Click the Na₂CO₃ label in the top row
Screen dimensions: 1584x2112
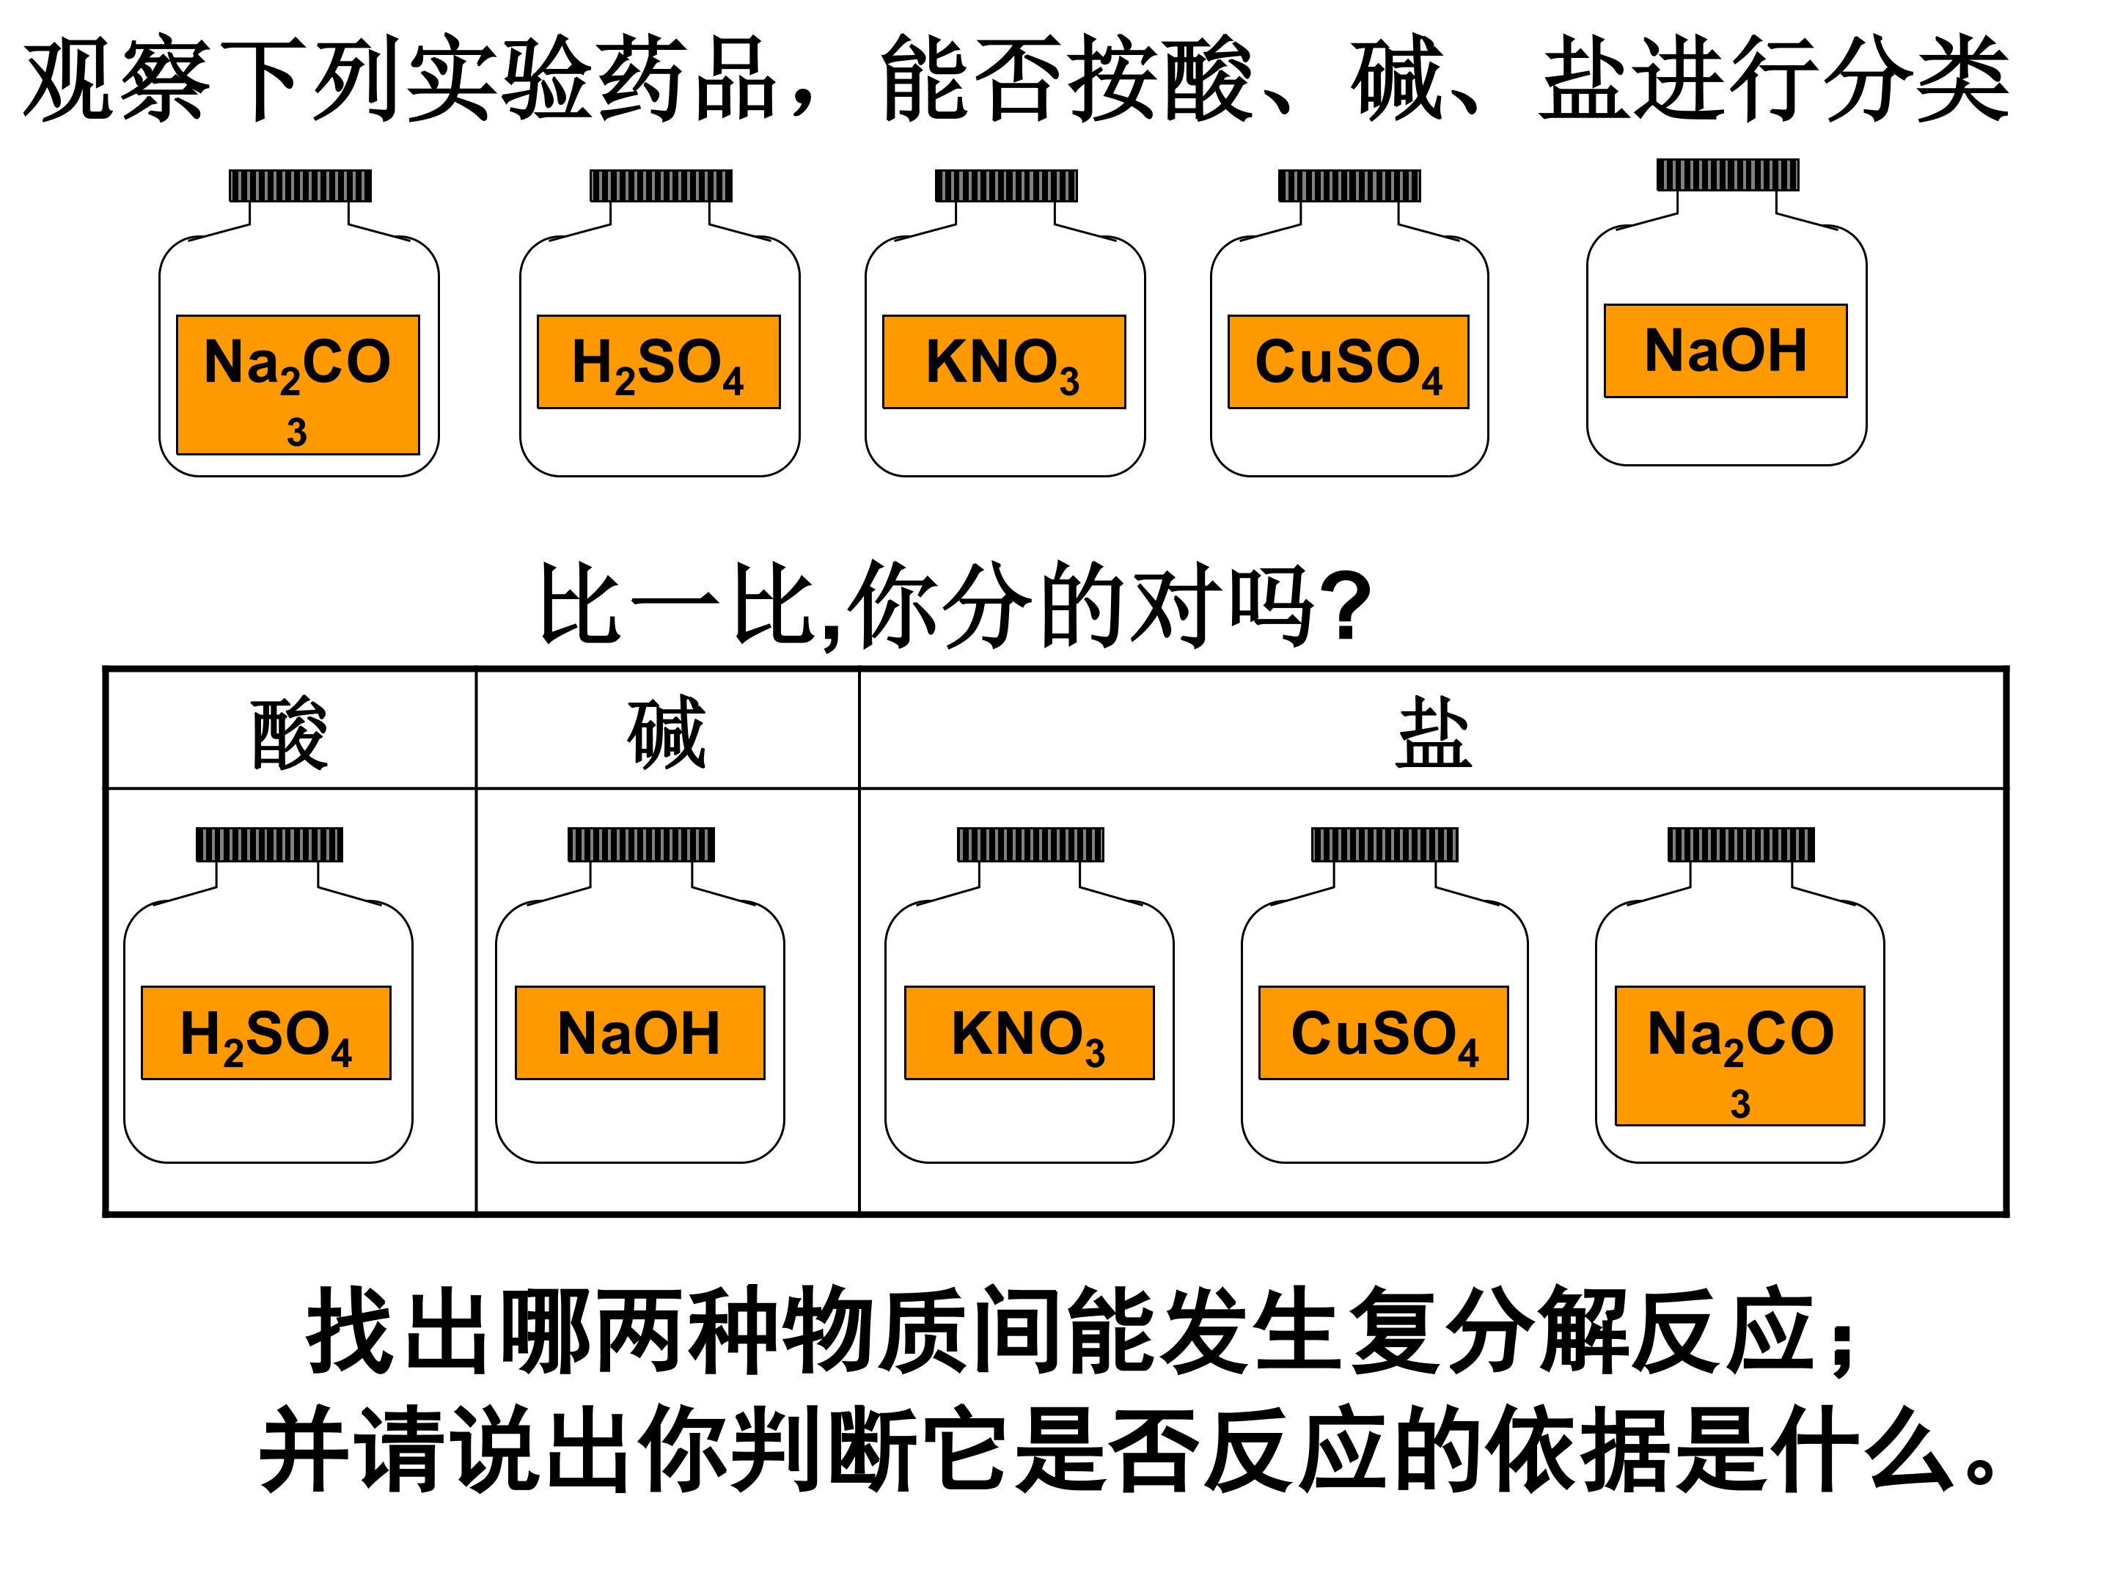pyautogui.click(x=298, y=384)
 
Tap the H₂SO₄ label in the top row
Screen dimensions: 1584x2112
pyautogui.click(x=658, y=362)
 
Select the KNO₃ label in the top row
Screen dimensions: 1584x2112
pyautogui.click(x=1003, y=362)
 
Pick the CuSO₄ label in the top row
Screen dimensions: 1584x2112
pyautogui.click(x=1348, y=362)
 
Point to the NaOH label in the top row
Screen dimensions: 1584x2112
pyautogui.click(x=1726, y=351)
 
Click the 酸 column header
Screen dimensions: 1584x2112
pyautogui.click(x=290, y=733)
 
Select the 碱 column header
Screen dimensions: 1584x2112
pyautogui.click(x=667, y=733)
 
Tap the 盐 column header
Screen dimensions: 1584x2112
pyautogui.click(x=1432, y=733)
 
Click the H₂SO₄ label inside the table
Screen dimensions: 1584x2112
pyautogui.click(x=266, y=1033)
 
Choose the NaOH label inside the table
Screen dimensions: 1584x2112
pyautogui.click(x=639, y=1033)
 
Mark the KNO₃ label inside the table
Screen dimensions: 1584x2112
pyautogui.click(x=1030, y=1033)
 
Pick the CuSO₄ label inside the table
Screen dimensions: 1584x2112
pyautogui.click(x=1384, y=1033)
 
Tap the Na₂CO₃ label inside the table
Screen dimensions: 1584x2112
pyautogui.click(x=1739, y=1055)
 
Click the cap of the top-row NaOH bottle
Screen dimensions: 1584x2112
pyautogui.click(x=1727, y=175)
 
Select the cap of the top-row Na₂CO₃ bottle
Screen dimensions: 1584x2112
pyautogui.click(x=300, y=186)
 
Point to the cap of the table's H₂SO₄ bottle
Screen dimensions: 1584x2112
pyautogui.click(x=269, y=844)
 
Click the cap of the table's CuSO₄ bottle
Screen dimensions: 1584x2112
pyautogui.click(x=1385, y=844)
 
